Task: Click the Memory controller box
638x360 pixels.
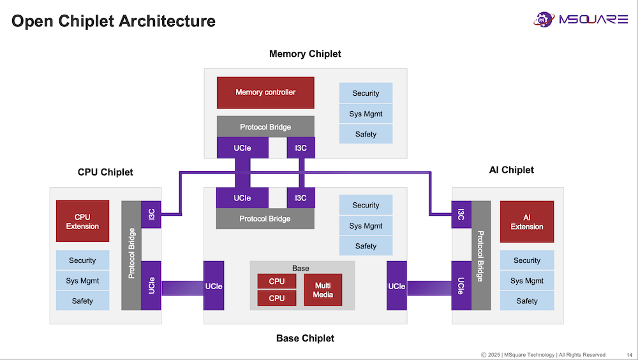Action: (265, 93)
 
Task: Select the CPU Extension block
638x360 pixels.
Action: (82, 221)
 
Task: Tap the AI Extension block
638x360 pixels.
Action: (527, 222)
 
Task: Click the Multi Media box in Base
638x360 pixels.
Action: (323, 290)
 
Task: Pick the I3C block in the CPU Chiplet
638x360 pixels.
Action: (151, 214)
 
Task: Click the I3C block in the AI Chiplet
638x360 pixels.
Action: (461, 214)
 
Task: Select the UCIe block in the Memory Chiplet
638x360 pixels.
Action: (242, 148)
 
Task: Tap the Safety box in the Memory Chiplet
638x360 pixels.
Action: (366, 134)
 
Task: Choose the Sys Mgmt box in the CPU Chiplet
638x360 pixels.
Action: (82, 281)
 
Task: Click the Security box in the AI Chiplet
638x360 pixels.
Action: (527, 260)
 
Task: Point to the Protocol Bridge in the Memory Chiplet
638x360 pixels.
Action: (265, 127)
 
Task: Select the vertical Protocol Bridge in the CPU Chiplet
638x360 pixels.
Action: (131, 255)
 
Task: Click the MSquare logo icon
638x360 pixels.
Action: (544, 19)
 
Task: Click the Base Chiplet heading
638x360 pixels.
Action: (305, 338)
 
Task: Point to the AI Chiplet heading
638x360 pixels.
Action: (511, 170)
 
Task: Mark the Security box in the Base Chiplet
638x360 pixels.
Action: (366, 206)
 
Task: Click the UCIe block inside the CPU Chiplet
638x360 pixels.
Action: (151, 285)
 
